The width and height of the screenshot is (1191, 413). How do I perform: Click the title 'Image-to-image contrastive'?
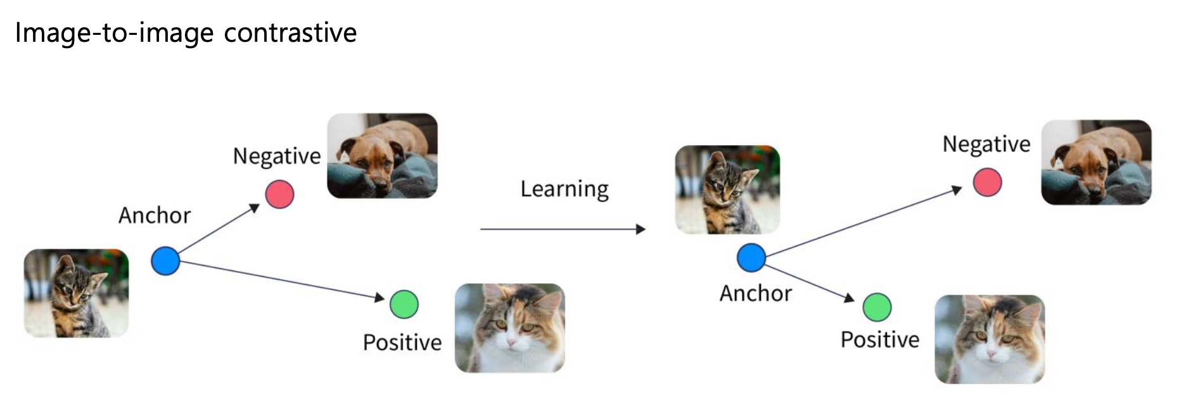click(x=186, y=33)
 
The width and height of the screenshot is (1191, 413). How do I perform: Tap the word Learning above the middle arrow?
click(x=564, y=189)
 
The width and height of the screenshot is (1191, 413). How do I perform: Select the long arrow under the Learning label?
click(x=563, y=229)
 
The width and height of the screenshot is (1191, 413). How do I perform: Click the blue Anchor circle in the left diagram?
click(x=165, y=260)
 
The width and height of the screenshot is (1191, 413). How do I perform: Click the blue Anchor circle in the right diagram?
click(x=751, y=258)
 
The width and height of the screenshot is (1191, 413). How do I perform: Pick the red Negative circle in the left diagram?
click(x=279, y=194)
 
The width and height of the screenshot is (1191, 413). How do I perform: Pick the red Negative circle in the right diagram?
click(x=987, y=182)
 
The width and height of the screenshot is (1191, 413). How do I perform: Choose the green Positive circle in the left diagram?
click(x=404, y=304)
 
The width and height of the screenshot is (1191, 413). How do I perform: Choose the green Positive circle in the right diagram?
click(x=877, y=307)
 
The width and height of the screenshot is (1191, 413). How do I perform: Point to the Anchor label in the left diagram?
click(x=155, y=215)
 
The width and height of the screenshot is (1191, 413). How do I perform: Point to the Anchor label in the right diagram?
click(x=756, y=293)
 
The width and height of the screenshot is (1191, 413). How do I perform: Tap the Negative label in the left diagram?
click(x=277, y=156)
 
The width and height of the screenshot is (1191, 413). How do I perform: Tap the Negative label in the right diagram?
click(x=986, y=144)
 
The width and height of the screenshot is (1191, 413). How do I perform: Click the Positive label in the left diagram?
click(x=402, y=343)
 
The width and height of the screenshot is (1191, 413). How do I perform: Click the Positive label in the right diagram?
click(x=880, y=340)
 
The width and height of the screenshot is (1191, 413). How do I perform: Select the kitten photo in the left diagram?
click(x=76, y=293)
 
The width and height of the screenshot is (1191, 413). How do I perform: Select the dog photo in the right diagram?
click(x=1096, y=162)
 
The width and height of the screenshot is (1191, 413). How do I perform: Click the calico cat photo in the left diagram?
click(x=509, y=327)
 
